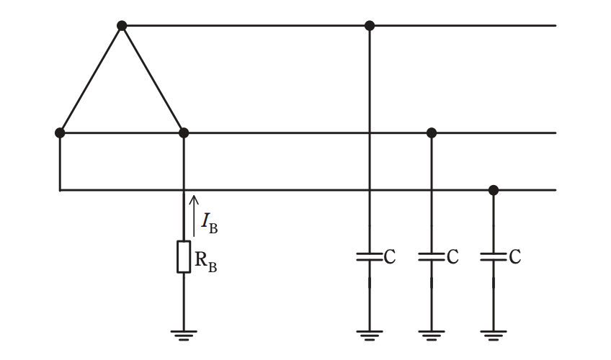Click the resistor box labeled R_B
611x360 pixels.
[x=184, y=257]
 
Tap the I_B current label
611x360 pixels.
[x=209, y=223]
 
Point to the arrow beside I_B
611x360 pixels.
[x=194, y=216]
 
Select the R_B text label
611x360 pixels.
[x=206, y=262]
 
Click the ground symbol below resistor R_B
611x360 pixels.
[x=184, y=336]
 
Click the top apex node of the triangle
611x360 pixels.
[x=122, y=26]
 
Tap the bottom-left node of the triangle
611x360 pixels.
[x=60, y=132]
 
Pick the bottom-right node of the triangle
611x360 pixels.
[x=184, y=132]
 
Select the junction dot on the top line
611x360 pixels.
[x=370, y=26]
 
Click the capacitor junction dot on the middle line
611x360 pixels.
[x=432, y=132]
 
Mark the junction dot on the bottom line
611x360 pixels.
[x=494, y=190]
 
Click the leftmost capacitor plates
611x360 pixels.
[x=370, y=257]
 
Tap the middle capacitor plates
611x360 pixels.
[x=432, y=257]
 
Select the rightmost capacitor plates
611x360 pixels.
[x=494, y=257]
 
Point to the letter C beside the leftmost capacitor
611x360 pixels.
[x=390, y=257]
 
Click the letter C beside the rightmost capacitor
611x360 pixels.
[x=514, y=257]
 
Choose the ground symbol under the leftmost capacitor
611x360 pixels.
[x=370, y=336]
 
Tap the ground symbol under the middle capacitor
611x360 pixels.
[x=432, y=336]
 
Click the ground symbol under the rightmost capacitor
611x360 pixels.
[x=494, y=336]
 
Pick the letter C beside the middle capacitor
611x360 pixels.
[x=452, y=257]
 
